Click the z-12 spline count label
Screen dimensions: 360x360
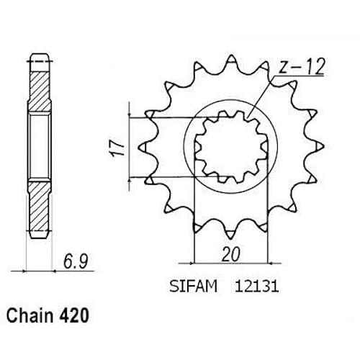coord(302,66)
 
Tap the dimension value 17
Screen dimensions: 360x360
coord(118,148)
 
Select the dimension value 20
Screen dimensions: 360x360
coord(230,254)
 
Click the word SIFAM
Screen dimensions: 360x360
coord(193,286)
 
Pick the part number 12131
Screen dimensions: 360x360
coord(256,287)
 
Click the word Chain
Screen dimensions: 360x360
coord(30,315)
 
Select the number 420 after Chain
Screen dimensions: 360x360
coord(73,316)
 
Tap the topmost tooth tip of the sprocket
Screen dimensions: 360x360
coord(231,56)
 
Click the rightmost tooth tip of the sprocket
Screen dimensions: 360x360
coord(323,147)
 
